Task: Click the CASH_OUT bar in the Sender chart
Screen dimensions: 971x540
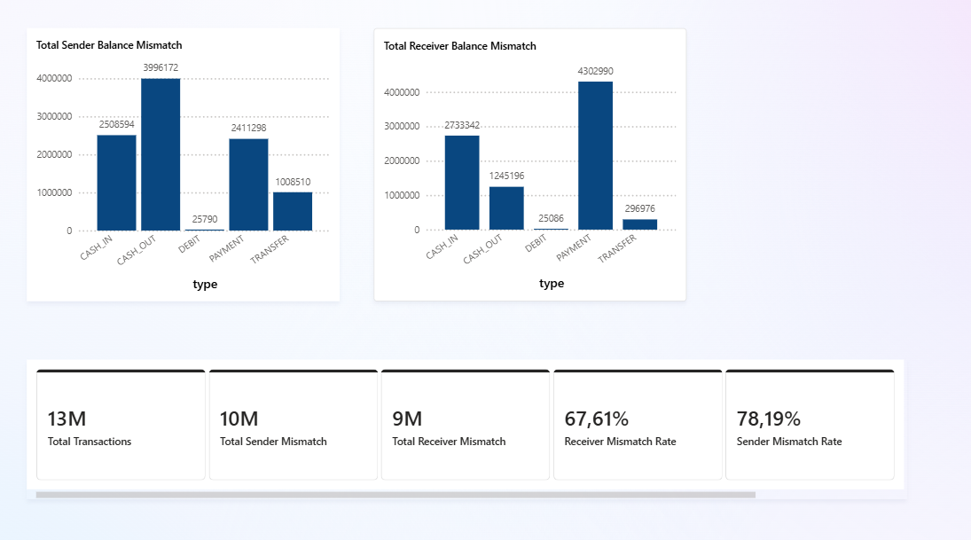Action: pos(161,155)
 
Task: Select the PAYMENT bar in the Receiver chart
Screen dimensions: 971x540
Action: pos(595,155)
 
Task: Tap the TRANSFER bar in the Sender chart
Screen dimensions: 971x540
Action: pos(293,211)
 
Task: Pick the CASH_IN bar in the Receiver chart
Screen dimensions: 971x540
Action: pos(462,183)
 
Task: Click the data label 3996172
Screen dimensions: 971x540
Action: pos(161,67)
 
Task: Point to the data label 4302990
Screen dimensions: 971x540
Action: pos(595,71)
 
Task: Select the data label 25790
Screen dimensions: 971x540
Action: pos(204,219)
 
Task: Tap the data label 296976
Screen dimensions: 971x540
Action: pos(639,208)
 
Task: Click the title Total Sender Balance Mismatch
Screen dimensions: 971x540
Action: pos(109,45)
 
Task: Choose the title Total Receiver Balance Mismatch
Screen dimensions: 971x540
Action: pos(459,46)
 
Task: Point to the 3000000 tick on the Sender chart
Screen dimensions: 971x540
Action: pos(54,116)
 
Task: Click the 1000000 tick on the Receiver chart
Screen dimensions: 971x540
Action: pos(402,195)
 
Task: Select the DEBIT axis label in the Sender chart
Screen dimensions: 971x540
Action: pos(190,244)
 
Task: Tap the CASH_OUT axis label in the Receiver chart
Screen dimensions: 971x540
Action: pos(483,249)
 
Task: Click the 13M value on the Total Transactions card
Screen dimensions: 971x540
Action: pos(67,419)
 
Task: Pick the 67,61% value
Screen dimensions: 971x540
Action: pos(597,419)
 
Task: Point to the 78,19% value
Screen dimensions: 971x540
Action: pos(769,419)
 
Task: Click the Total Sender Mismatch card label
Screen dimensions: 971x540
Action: pos(273,442)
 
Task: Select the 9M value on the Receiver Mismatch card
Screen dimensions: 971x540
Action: pos(407,419)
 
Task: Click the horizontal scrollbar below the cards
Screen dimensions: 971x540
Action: pos(395,495)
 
